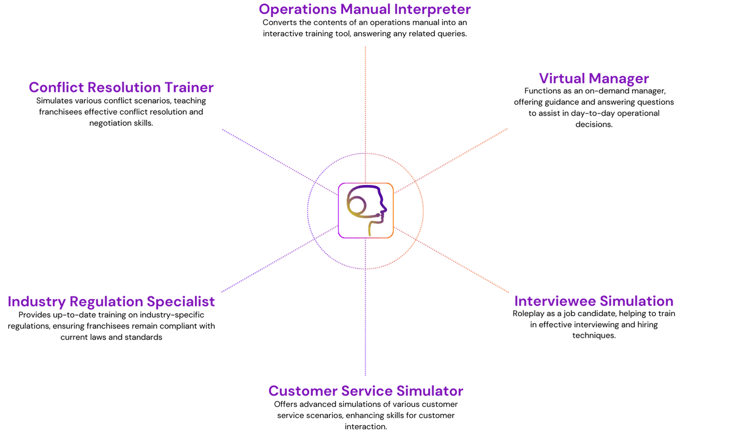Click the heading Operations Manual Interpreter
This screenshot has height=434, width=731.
pyautogui.click(x=365, y=9)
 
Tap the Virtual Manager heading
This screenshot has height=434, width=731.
pyautogui.click(x=593, y=78)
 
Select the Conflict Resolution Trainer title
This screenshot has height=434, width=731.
pyautogui.click(x=121, y=87)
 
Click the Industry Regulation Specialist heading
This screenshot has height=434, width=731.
pyautogui.click(x=111, y=301)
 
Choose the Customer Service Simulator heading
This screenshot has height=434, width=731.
pyautogui.click(x=366, y=391)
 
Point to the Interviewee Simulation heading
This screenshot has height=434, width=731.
pyautogui.click(x=593, y=301)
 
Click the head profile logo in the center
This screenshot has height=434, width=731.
pyautogui.click(x=366, y=210)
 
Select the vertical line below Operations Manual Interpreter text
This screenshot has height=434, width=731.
pyautogui.click(x=365, y=96)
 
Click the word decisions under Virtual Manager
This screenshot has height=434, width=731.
pyautogui.click(x=593, y=124)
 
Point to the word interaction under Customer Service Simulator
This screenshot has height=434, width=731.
pyautogui.click(x=366, y=427)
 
